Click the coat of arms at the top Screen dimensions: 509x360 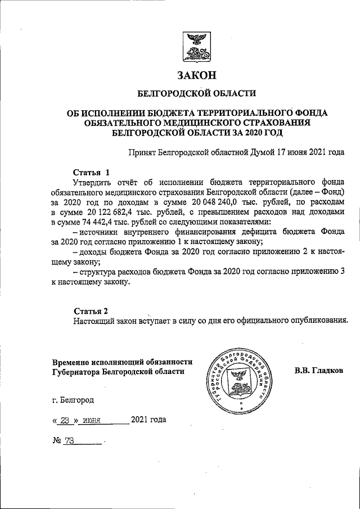[197, 48]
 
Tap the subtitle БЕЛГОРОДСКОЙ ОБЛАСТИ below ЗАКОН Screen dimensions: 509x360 [196, 93]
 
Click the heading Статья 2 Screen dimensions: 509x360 [89, 311]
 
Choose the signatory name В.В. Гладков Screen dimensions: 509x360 [318, 371]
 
